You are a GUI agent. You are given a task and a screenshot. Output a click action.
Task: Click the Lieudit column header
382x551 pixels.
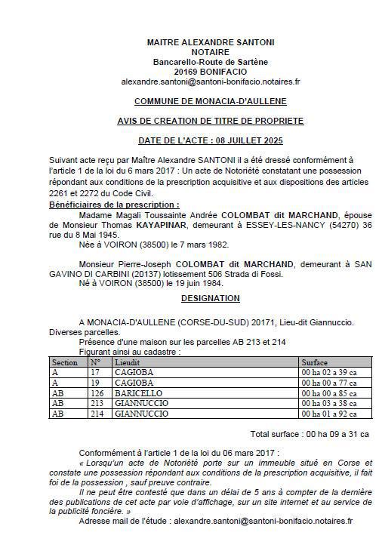(126, 363)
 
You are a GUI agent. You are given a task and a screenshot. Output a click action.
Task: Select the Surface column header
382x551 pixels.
(314, 363)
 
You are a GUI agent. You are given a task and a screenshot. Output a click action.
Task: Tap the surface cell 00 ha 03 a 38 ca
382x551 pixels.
(329, 403)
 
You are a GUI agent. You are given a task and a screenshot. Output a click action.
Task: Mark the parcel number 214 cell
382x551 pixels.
(96, 414)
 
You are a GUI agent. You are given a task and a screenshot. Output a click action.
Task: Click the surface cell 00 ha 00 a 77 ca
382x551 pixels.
(329, 383)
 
